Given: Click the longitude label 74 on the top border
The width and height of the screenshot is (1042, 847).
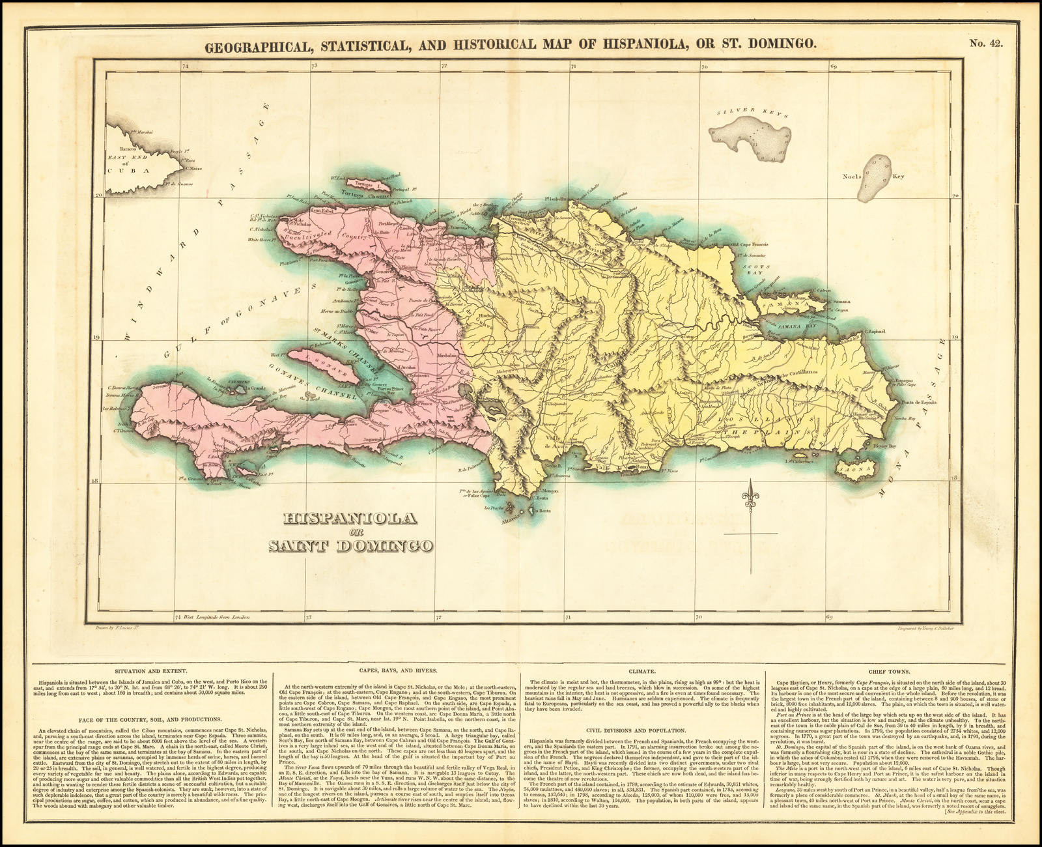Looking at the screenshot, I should click(x=185, y=66).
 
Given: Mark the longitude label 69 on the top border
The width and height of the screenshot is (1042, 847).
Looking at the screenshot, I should click(x=833, y=66).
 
